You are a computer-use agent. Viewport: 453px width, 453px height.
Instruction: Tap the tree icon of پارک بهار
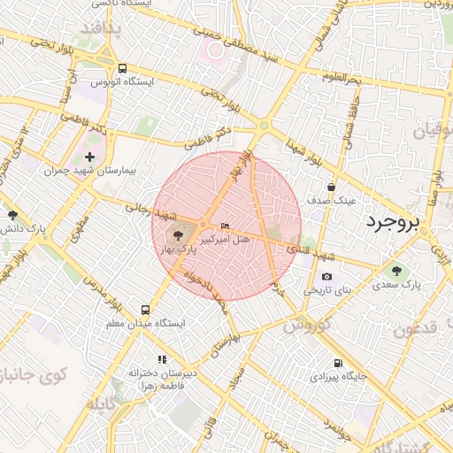[179, 234]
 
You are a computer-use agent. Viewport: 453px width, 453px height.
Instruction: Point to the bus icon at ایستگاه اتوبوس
[122, 67]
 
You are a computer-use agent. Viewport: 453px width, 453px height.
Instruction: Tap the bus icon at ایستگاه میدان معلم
[145, 310]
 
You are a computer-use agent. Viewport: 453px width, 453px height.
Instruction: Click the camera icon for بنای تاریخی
[327, 276]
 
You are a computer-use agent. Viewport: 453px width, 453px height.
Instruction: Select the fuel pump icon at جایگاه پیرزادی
[337, 363]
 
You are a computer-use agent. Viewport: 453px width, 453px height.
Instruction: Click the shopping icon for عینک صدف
[331, 187]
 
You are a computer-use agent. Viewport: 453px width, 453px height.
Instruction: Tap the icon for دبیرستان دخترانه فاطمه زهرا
[162, 359]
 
